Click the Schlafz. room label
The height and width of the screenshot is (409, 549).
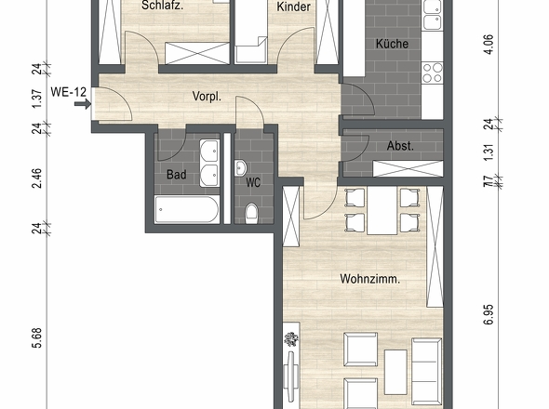(161, 6)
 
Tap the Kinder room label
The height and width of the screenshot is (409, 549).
(294, 7)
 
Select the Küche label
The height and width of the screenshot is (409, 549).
(392, 44)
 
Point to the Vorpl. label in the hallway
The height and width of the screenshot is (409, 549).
(206, 96)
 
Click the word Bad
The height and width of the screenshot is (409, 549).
(177, 175)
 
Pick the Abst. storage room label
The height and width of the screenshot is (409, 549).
(400, 146)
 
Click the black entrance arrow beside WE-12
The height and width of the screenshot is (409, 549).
(87, 104)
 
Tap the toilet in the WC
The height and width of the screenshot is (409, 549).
(250, 215)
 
